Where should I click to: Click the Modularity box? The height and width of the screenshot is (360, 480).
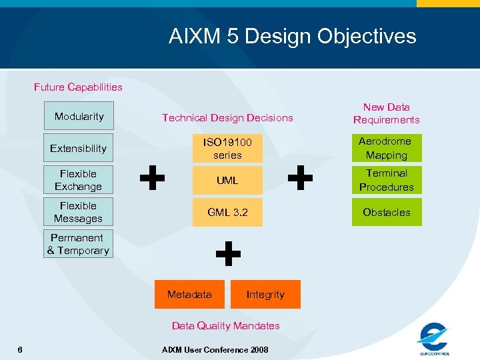coord(79,116)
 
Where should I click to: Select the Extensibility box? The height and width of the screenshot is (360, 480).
coord(79,148)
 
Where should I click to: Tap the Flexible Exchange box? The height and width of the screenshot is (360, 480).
coord(79,180)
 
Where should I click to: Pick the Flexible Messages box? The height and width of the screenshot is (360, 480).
coord(79,212)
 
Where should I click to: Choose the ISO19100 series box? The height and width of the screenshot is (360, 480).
coord(227,149)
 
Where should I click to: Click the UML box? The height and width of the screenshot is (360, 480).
coord(227,180)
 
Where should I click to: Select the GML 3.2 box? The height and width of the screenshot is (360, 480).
coord(227,212)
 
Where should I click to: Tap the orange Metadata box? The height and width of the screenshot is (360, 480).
coord(189,294)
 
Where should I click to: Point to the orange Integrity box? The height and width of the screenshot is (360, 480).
coord(265,294)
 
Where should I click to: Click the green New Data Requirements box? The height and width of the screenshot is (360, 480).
coord(387,113)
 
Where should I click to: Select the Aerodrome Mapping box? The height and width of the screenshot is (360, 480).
coord(387,148)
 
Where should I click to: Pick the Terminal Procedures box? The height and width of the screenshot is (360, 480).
coord(387,180)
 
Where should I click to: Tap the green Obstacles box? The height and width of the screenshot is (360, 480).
coord(387,212)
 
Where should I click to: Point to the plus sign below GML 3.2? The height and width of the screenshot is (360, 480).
coord(228,254)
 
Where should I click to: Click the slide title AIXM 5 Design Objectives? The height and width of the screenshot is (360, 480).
coord(292,36)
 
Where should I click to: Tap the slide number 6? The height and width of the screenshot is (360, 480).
coord(20,349)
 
